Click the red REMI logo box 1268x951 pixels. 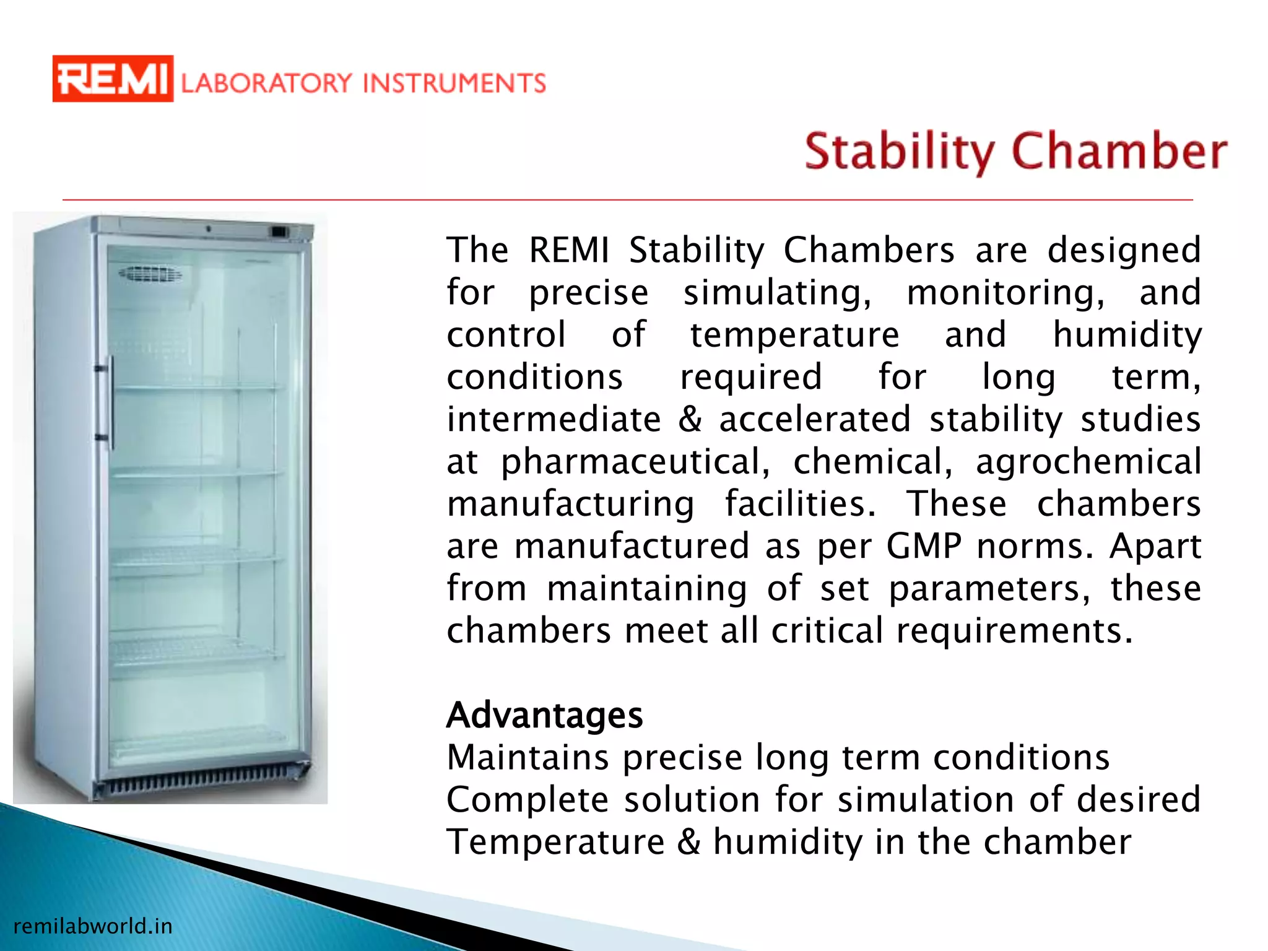(112, 79)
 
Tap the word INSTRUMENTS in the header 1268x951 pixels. (454, 83)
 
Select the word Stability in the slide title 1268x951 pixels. (899, 152)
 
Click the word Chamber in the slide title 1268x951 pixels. (1119, 152)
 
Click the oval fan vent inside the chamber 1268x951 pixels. (150, 274)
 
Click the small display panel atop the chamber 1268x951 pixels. (279, 232)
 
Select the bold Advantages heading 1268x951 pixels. (544, 715)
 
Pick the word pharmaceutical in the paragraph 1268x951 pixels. (635, 462)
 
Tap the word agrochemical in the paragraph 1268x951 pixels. (1088, 462)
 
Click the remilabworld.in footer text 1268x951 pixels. (93, 926)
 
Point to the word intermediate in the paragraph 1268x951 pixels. (554, 419)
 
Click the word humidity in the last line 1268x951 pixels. (788, 842)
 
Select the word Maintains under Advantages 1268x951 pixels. (528, 757)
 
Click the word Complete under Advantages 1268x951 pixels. (528, 799)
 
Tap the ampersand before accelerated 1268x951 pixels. (690, 419)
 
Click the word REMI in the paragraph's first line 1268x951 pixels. (569, 250)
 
